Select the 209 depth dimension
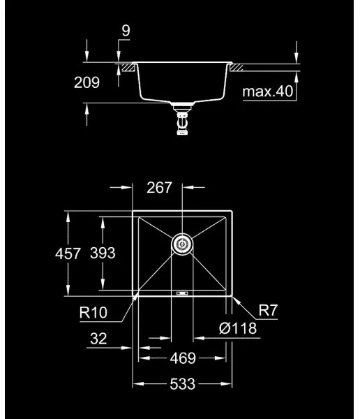point(87,82)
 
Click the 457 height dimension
point(68,253)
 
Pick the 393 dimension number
point(103,253)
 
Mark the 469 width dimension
point(183,358)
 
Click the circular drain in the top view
point(182,244)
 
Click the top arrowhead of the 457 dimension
point(68,213)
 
